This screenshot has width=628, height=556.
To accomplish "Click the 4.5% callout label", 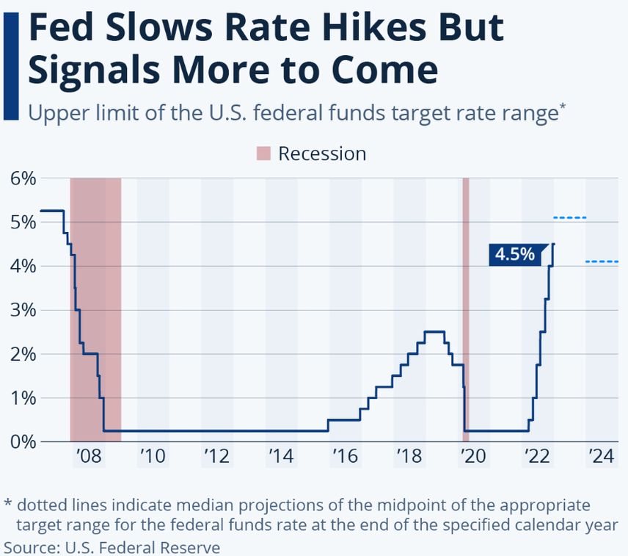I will click(514, 254).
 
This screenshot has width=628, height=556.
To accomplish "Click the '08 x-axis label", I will click(88, 457).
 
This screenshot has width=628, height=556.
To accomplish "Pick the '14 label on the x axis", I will click(281, 457).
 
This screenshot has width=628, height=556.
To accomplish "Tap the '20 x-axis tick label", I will click(473, 457).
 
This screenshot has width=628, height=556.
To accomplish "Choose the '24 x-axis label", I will click(601, 457).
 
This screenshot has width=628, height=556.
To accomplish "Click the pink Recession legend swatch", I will click(263, 154).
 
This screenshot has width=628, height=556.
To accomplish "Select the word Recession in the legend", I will click(322, 154).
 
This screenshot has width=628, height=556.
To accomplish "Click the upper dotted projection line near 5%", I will click(570, 218).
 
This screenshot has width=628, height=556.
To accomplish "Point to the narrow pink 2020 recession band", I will click(465, 308).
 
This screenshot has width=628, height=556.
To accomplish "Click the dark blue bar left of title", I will click(10, 66).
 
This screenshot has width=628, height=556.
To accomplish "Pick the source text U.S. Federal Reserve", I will click(142, 547).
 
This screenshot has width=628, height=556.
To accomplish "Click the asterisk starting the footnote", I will click(8, 505).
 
